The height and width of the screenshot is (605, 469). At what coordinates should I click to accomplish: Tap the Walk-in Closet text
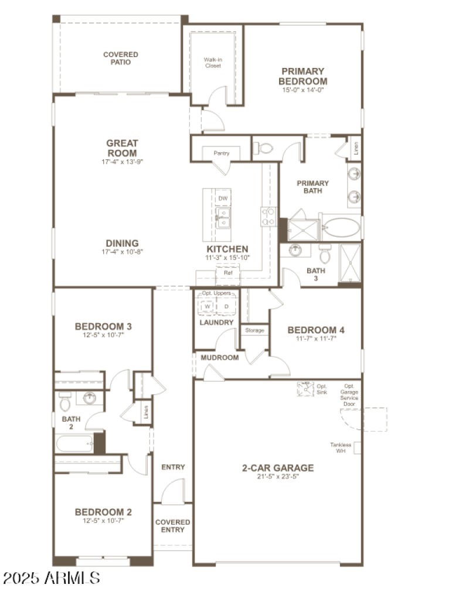[212, 63]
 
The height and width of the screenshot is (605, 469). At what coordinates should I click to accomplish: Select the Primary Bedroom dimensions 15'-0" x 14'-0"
[303, 90]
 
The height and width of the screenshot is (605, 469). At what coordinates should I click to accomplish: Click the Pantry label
[221, 153]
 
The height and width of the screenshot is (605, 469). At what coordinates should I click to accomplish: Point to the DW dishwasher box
[223, 199]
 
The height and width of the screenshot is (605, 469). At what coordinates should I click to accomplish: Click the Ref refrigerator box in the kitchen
[227, 272]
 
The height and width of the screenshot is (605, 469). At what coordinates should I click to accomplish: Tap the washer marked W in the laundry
[207, 306]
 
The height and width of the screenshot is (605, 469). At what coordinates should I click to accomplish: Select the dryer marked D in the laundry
[226, 306]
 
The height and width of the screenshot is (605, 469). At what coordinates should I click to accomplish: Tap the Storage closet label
[254, 330]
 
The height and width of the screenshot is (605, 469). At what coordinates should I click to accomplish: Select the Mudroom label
[219, 357]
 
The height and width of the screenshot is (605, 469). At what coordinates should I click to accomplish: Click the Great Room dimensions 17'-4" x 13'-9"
[122, 162]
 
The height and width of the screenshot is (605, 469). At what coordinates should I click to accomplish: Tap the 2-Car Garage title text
[278, 467]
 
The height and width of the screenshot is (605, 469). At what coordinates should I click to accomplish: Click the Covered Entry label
[172, 526]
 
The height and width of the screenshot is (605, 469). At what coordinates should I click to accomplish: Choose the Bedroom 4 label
[315, 330]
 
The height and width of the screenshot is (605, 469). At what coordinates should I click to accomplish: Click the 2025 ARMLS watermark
[52, 578]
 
